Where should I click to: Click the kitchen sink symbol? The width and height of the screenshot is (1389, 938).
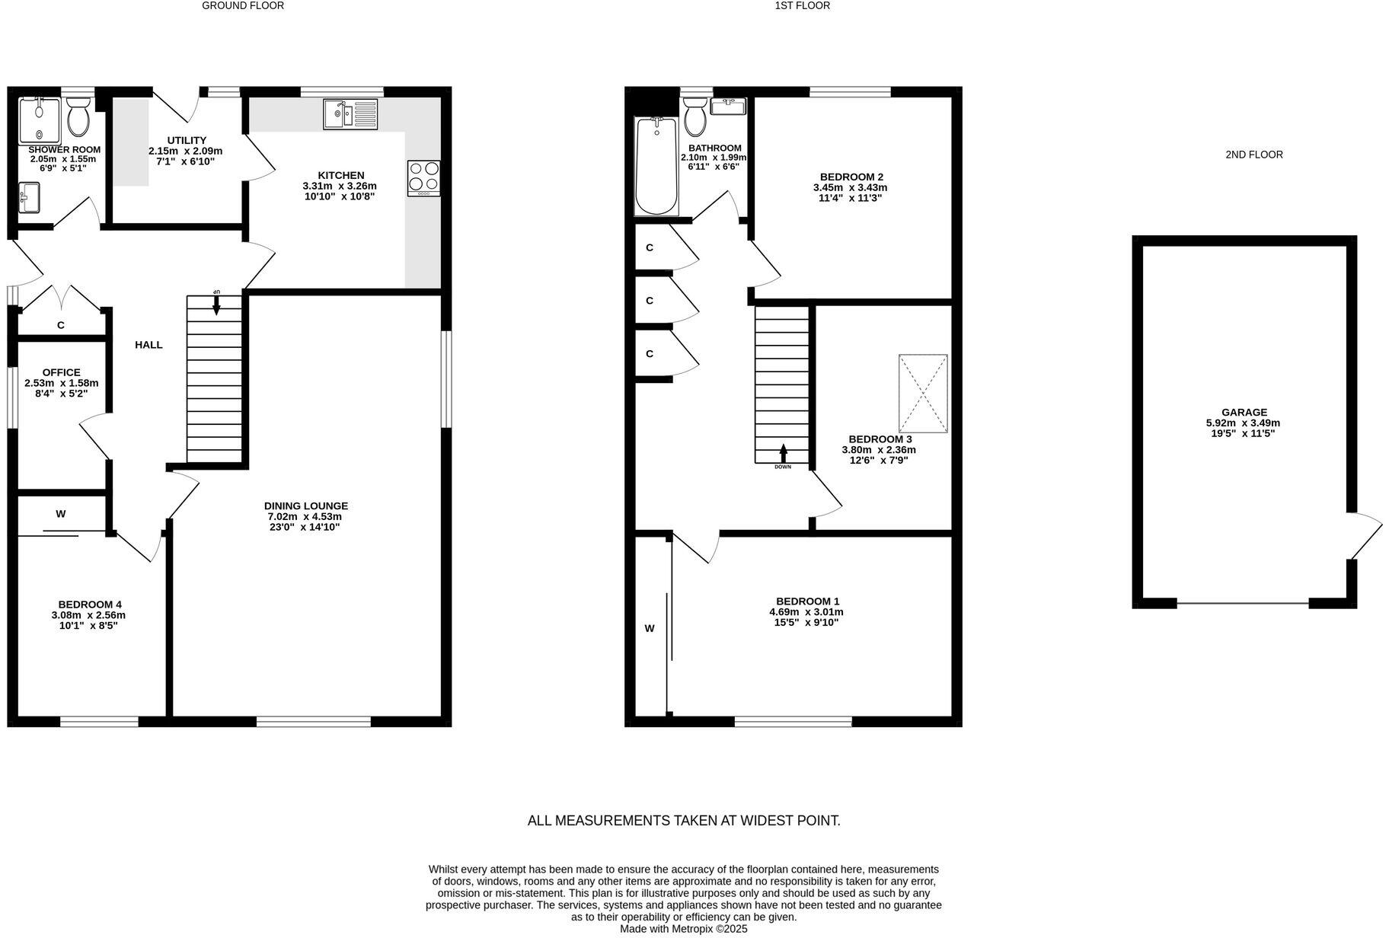pyautogui.click(x=350, y=114)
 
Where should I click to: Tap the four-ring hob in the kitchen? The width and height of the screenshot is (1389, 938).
pyautogui.click(x=423, y=177)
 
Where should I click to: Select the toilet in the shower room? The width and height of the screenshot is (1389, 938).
pyautogui.click(x=78, y=119)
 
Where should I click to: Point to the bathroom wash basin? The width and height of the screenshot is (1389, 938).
pyautogui.click(x=727, y=106)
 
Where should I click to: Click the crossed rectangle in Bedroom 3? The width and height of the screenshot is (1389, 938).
pyautogui.click(x=923, y=394)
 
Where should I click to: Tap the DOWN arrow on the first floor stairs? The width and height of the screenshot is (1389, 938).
pyautogui.click(x=783, y=455)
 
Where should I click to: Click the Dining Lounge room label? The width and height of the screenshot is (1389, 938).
pyautogui.click(x=305, y=506)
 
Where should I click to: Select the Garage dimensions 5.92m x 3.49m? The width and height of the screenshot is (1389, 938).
pyautogui.click(x=1243, y=423)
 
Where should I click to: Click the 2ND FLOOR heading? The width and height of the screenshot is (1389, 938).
pyautogui.click(x=1253, y=155)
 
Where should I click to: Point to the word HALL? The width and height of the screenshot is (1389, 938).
pyautogui.click(x=148, y=345)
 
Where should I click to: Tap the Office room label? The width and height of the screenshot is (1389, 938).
pyautogui.click(x=61, y=372)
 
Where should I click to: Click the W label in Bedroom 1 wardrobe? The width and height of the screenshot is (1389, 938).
pyautogui.click(x=650, y=628)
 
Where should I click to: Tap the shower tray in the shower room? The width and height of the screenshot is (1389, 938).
pyautogui.click(x=38, y=120)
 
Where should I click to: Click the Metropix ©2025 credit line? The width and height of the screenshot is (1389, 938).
pyautogui.click(x=683, y=929)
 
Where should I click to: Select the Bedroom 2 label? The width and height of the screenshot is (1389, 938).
pyautogui.click(x=851, y=177)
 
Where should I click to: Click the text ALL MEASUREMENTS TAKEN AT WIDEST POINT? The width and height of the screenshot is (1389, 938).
pyautogui.click(x=684, y=821)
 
